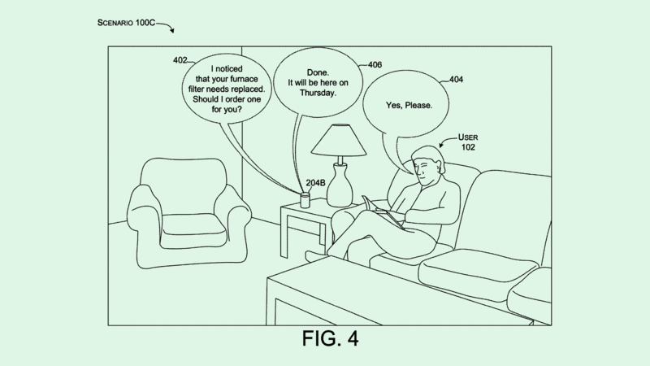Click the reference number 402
180,60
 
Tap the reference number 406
375,64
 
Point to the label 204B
317,183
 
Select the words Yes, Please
409,106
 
